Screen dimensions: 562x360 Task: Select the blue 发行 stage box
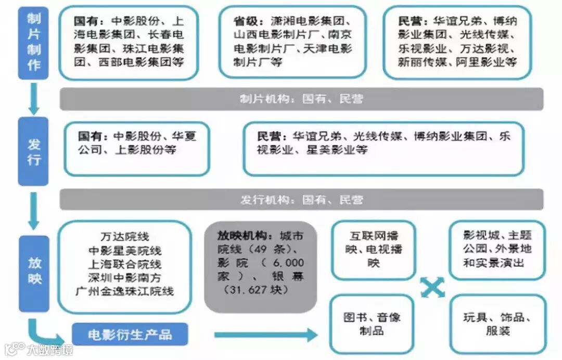[x=33, y=151]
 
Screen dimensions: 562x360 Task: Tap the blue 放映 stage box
[x=34, y=273]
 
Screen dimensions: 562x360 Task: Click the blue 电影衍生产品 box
[x=130, y=334]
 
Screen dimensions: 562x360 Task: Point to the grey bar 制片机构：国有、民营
[x=301, y=99]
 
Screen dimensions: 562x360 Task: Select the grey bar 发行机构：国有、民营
[x=301, y=200]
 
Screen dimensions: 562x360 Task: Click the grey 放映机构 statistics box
[x=260, y=267]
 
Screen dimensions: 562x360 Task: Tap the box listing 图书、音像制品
[x=372, y=324]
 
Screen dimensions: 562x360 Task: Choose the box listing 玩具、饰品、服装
[x=497, y=324]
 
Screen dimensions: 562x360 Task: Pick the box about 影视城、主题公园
[x=497, y=249]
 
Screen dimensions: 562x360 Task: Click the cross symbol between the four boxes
[x=433, y=287]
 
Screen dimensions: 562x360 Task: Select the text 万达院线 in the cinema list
[x=125, y=237]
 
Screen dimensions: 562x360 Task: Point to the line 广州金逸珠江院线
[x=125, y=291]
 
